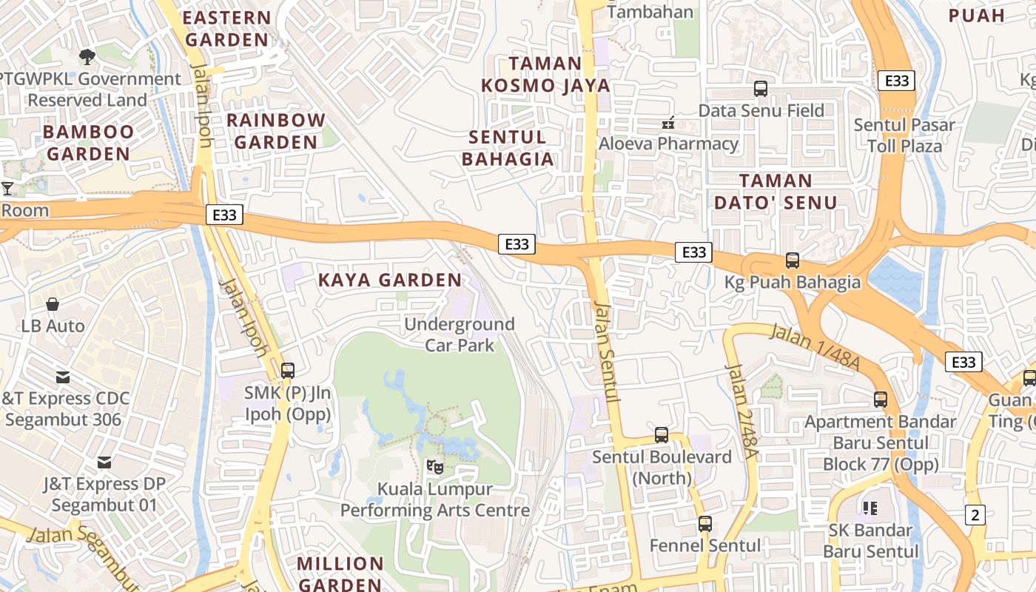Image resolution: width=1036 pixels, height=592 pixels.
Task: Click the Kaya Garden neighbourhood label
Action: [x=390, y=280]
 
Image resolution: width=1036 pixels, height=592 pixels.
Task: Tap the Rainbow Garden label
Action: [x=275, y=131]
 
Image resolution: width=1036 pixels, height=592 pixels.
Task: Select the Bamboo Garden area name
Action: [x=88, y=143]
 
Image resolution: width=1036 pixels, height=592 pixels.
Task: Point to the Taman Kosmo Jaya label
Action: [x=546, y=74]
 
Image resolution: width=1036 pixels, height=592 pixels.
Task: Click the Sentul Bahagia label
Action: [x=508, y=148]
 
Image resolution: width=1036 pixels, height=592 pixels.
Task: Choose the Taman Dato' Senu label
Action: [x=776, y=192]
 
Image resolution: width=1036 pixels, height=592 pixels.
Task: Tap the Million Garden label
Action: [x=340, y=573]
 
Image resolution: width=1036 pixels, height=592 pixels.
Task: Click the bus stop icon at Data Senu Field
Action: [x=761, y=89]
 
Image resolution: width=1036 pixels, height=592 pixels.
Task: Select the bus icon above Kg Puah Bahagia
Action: [x=793, y=260]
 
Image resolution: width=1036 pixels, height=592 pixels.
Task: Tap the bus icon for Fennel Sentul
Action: [x=705, y=524]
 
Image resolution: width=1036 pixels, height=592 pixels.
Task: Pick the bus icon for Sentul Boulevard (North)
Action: [x=662, y=435]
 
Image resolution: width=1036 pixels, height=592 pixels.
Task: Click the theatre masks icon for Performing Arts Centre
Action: [x=435, y=466]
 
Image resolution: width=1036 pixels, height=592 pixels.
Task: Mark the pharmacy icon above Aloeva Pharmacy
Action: [x=668, y=123]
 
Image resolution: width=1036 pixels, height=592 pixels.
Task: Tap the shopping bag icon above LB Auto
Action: [x=53, y=304]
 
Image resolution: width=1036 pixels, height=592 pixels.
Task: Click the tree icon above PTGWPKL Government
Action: [x=87, y=56]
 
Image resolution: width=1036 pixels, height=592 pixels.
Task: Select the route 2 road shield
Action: [x=975, y=515]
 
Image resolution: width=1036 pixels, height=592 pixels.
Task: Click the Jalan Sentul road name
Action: [x=607, y=351]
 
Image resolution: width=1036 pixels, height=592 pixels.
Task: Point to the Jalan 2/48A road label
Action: [x=740, y=411]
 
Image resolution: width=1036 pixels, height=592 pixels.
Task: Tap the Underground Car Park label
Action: [x=460, y=334]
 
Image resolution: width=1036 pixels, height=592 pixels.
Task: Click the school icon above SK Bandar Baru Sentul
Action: [x=870, y=508]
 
